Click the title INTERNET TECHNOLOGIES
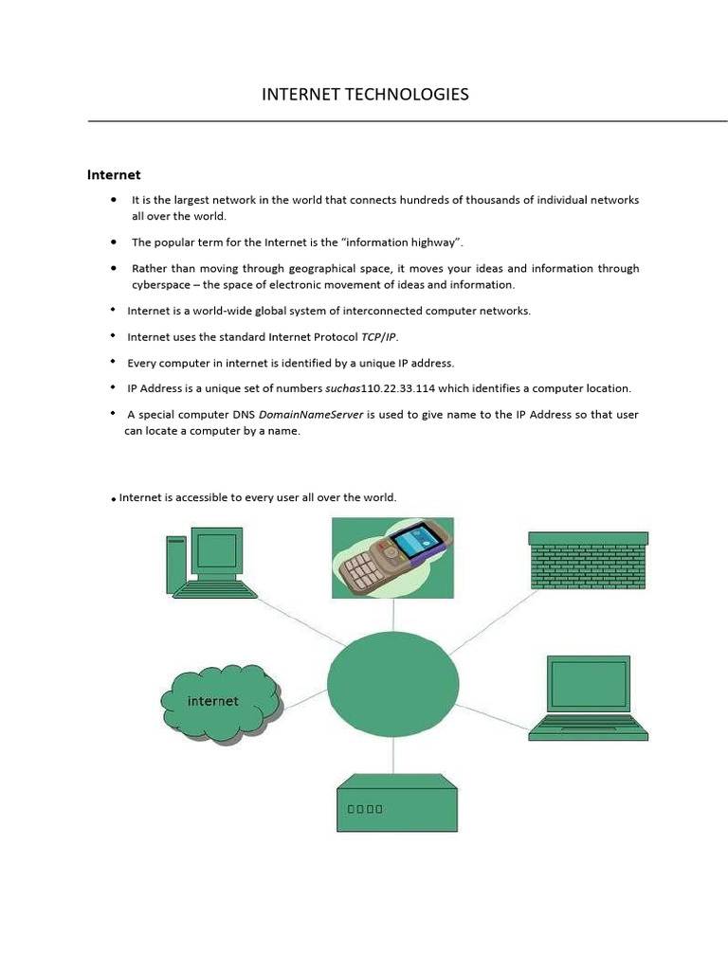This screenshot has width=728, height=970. point(365,94)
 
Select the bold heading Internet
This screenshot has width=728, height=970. point(114,174)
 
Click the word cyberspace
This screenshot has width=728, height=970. point(161,284)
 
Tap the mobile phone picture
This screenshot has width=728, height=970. point(392,557)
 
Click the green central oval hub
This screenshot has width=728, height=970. point(391,683)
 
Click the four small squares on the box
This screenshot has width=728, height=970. point(365,809)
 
